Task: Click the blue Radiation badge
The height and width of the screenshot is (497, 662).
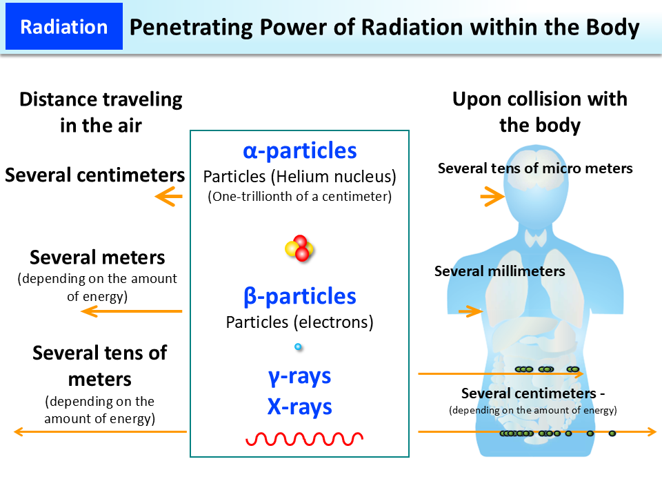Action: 64,27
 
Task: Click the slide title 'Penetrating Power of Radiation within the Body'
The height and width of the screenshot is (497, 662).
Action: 384,28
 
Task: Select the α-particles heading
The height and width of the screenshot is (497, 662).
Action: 299,150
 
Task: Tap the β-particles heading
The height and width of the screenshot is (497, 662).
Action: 299,297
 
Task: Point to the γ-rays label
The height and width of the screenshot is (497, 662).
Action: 299,376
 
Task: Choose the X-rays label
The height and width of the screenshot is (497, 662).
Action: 299,407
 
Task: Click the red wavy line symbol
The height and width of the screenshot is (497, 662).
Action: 304,438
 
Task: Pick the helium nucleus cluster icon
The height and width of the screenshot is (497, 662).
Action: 300,248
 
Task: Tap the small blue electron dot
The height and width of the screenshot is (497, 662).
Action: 298,347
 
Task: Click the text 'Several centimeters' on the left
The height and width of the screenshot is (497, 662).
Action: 94,175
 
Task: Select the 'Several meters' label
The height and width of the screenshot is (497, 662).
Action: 97,258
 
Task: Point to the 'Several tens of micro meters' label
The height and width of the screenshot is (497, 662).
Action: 535,168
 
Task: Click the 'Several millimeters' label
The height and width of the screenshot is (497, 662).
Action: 499,271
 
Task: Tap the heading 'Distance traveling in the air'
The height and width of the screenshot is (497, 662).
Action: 101,112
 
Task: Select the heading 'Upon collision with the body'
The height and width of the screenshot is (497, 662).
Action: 539,112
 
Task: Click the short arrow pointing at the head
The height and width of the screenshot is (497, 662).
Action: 492,198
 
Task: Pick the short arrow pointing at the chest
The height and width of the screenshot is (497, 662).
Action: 470,311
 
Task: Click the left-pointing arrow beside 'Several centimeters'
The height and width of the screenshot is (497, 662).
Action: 169,198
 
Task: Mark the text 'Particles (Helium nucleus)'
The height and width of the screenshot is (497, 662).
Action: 299,177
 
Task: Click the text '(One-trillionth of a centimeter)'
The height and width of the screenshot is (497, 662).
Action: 299,197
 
